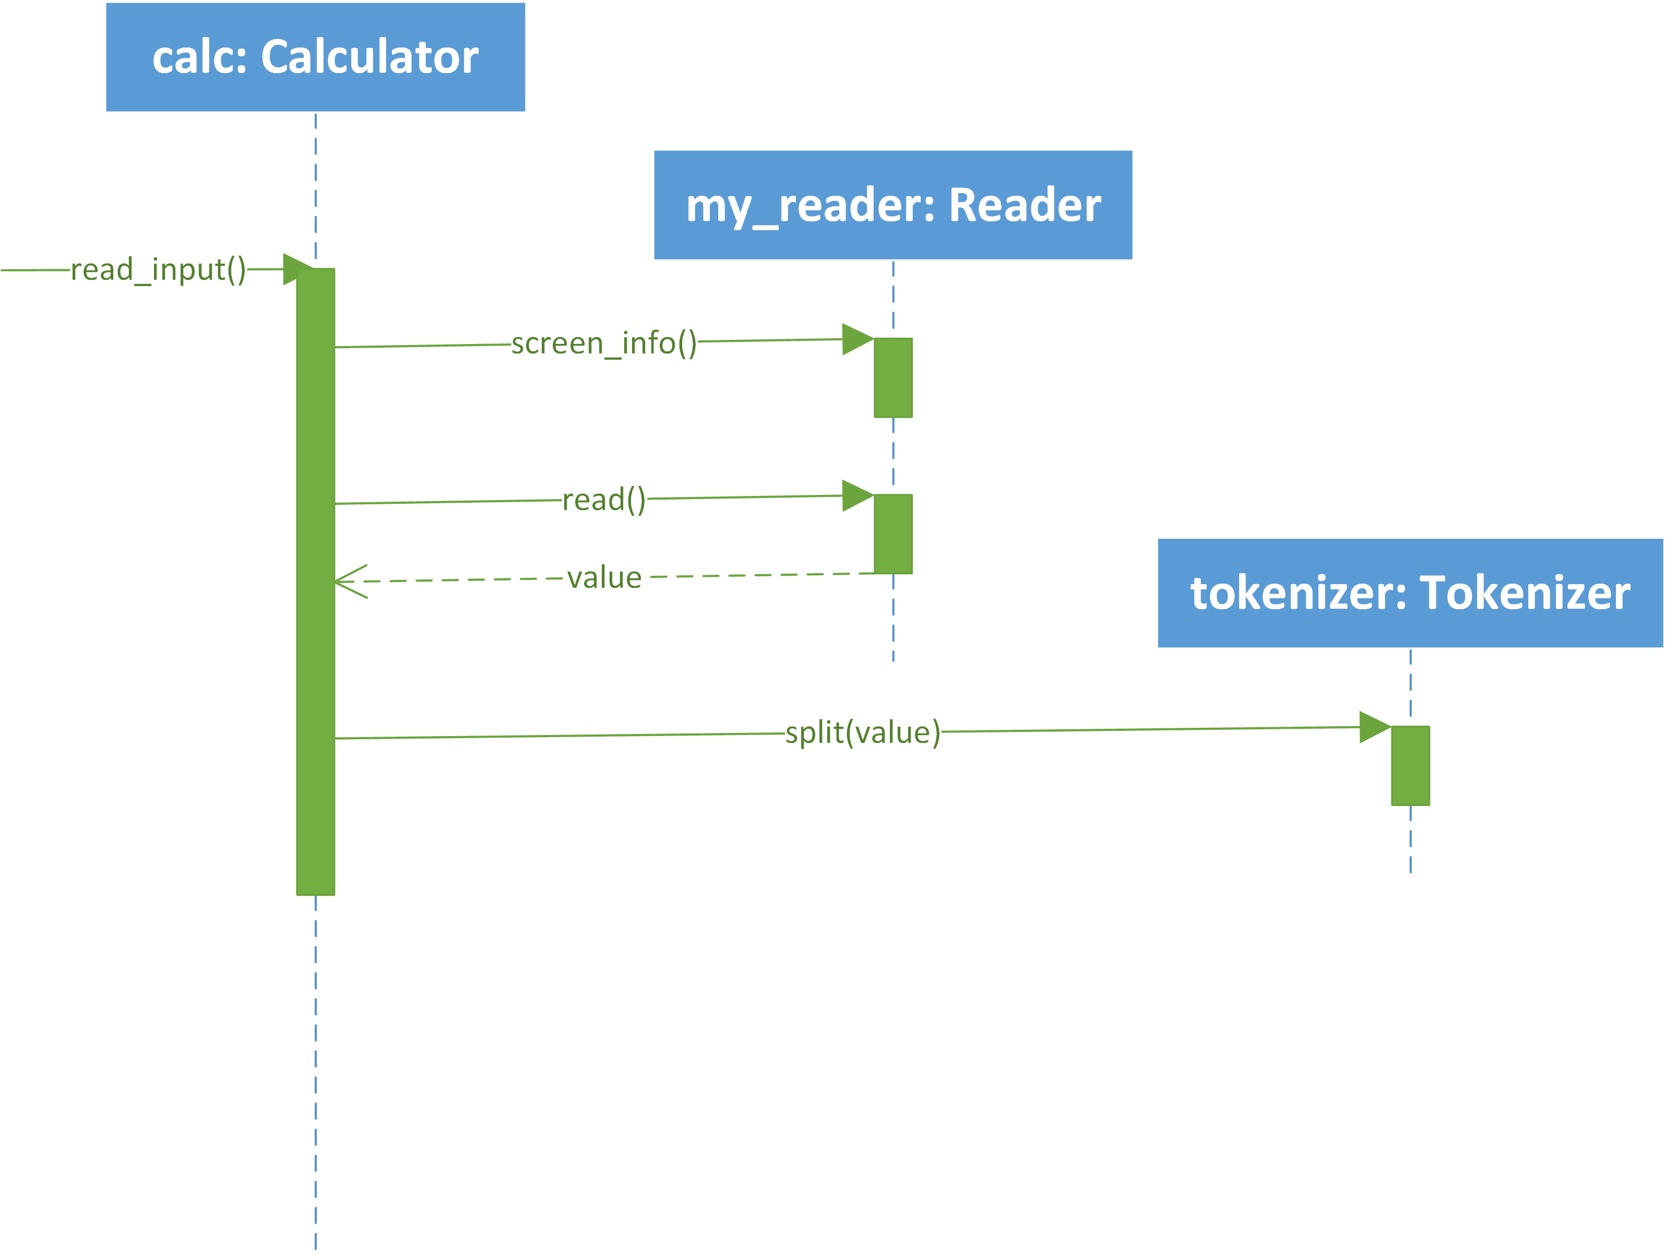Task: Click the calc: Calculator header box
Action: coord(316,57)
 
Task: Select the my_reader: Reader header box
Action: coord(893,205)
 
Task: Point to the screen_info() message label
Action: coord(604,344)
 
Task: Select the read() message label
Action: coord(604,500)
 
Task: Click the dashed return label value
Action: coord(604,578)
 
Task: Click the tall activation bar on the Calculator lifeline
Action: coord(316,582)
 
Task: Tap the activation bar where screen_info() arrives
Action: coord(893,377)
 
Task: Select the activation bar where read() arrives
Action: coord(893,534)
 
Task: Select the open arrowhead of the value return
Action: coord(336,582)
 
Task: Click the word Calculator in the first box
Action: coord(370,57)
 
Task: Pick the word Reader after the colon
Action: coord(1025,205)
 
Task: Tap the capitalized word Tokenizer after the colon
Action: coord(1525,593)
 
